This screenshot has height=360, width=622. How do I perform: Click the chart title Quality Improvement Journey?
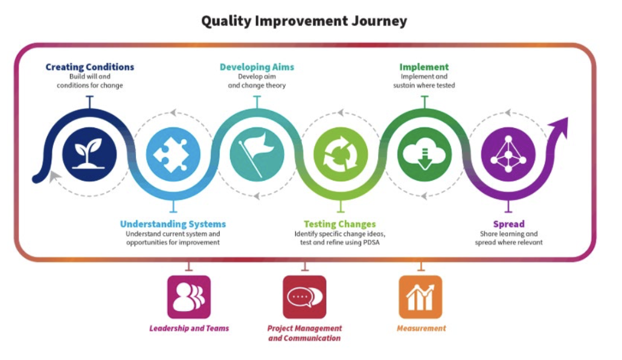click(x=304, y=21)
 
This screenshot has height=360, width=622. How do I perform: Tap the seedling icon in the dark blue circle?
click(x=89, y=153)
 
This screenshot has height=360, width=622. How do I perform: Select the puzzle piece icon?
click(x=173, y=155)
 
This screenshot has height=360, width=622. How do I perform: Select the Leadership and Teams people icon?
click(x=189, y=297)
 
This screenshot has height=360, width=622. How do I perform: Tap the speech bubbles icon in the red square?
click(x=304, y=297)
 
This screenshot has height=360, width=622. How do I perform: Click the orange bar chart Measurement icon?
click(x=420, y=297)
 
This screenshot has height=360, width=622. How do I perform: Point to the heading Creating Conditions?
click(x=89, y=66)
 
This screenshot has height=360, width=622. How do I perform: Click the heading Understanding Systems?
click(x=173, y=224)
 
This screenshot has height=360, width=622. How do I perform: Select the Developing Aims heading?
click(x=257, y=66)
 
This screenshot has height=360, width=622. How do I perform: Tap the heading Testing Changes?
click(x=339, y=224)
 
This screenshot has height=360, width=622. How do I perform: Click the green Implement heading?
click(x=424, y=66)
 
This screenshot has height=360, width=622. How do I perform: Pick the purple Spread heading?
click(x=508, y=224)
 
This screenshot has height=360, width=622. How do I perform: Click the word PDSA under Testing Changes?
click(x=371, y=242)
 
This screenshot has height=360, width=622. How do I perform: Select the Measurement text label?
click(x=422, y=328)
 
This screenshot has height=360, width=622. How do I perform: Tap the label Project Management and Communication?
click(x=304, y=333)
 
